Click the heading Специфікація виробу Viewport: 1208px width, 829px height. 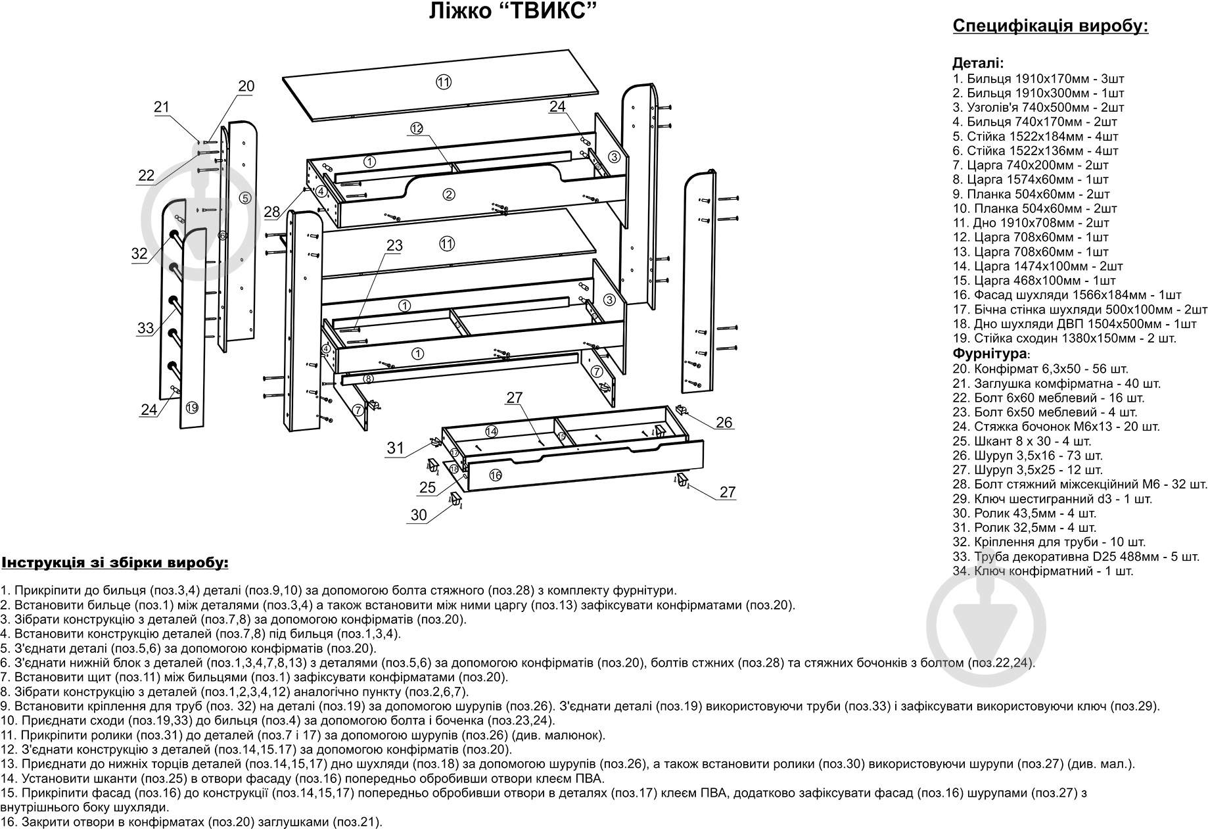point(1050,27)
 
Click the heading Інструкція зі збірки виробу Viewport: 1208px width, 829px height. point(116,563)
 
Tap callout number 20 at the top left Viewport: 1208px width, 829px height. point(246,86)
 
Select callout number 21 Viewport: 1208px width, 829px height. point(162,107)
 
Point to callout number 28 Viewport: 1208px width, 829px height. point(271,212)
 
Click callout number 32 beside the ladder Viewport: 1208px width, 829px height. point(139,254)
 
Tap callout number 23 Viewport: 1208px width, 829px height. point(394,246)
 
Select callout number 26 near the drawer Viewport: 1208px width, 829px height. point(724,422)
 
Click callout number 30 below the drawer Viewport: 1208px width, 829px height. point(419,515)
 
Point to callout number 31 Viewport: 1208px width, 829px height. point(395,448)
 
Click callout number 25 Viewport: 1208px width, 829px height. point(427,487)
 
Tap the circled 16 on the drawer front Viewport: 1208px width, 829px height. point(496,475)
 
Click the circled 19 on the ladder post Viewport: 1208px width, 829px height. point(191,408)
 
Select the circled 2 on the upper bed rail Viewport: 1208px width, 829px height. point(449,194)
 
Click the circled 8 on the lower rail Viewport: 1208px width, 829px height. point(369,379)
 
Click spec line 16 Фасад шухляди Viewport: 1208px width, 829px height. point(1067,295)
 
